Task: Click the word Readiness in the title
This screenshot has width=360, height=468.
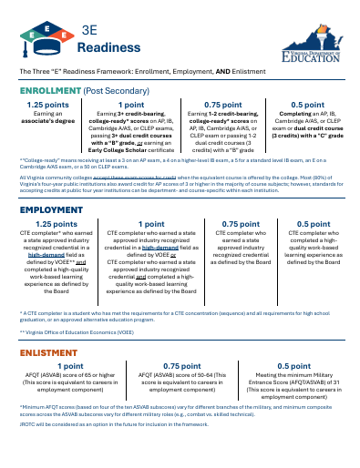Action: (114, 47)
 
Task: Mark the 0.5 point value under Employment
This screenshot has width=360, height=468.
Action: (314, 223)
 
